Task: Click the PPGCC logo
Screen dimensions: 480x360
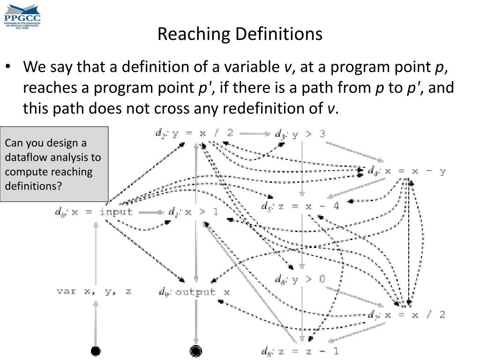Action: [x=22, y=15]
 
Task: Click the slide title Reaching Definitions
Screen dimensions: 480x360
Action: [x=240, y=34]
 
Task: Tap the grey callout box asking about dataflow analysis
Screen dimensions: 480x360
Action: [x=54, y=164]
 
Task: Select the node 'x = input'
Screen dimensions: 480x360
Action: [x=94, y=212]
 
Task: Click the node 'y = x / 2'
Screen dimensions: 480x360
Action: [x=195, y=133]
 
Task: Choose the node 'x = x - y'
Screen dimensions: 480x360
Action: [x=407, y=171]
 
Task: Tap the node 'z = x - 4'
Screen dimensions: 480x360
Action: [x=300, y=206]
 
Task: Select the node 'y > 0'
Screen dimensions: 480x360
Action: [x=300, y=279]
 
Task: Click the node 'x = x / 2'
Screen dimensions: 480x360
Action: [x=407, y=314]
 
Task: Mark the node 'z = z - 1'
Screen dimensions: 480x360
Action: [x=300, y=350]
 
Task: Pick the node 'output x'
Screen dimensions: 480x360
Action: [x=194, y=292]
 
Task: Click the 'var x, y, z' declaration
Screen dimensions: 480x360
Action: [x=94, y=292]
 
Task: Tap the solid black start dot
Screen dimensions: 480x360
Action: [x=96, y=351]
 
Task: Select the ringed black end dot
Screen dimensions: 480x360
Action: [x=195, y=351]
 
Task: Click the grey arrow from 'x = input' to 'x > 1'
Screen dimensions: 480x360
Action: [x=151, y=212]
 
